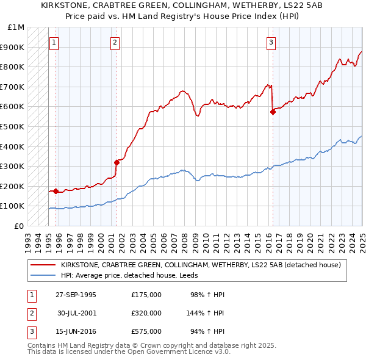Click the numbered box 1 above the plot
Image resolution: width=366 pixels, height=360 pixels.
point(55,43)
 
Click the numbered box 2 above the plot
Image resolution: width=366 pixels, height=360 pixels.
point(115,43)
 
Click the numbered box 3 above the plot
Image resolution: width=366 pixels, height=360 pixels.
point(271,43)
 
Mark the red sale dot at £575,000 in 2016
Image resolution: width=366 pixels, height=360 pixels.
point(273,112)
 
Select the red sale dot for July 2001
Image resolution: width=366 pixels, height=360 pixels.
point(116,162)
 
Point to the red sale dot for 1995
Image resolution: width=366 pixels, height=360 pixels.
point(56,191)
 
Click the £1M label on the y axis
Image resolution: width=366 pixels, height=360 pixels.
point(16,27)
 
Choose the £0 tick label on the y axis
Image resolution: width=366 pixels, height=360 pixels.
point(19,226)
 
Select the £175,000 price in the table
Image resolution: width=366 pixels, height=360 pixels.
point(146,295)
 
